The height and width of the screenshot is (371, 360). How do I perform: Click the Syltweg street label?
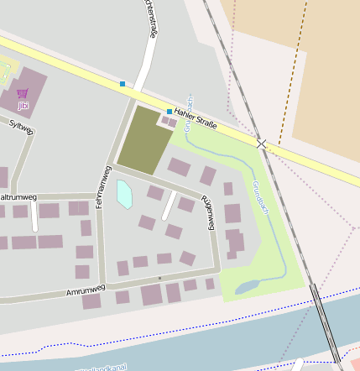tap(21, 128)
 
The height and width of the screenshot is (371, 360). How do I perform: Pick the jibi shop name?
tap(23, 106)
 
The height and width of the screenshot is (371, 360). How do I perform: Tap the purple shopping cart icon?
tap(23, 93)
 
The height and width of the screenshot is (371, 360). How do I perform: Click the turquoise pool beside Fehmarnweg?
tap(124, 194)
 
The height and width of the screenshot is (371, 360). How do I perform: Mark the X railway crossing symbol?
tap(262, 144)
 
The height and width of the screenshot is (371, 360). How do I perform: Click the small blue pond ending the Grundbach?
tap(246, 288)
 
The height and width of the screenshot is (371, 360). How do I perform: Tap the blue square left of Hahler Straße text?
tap(170, 111)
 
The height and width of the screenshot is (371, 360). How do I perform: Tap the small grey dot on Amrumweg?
tap(159, 276)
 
